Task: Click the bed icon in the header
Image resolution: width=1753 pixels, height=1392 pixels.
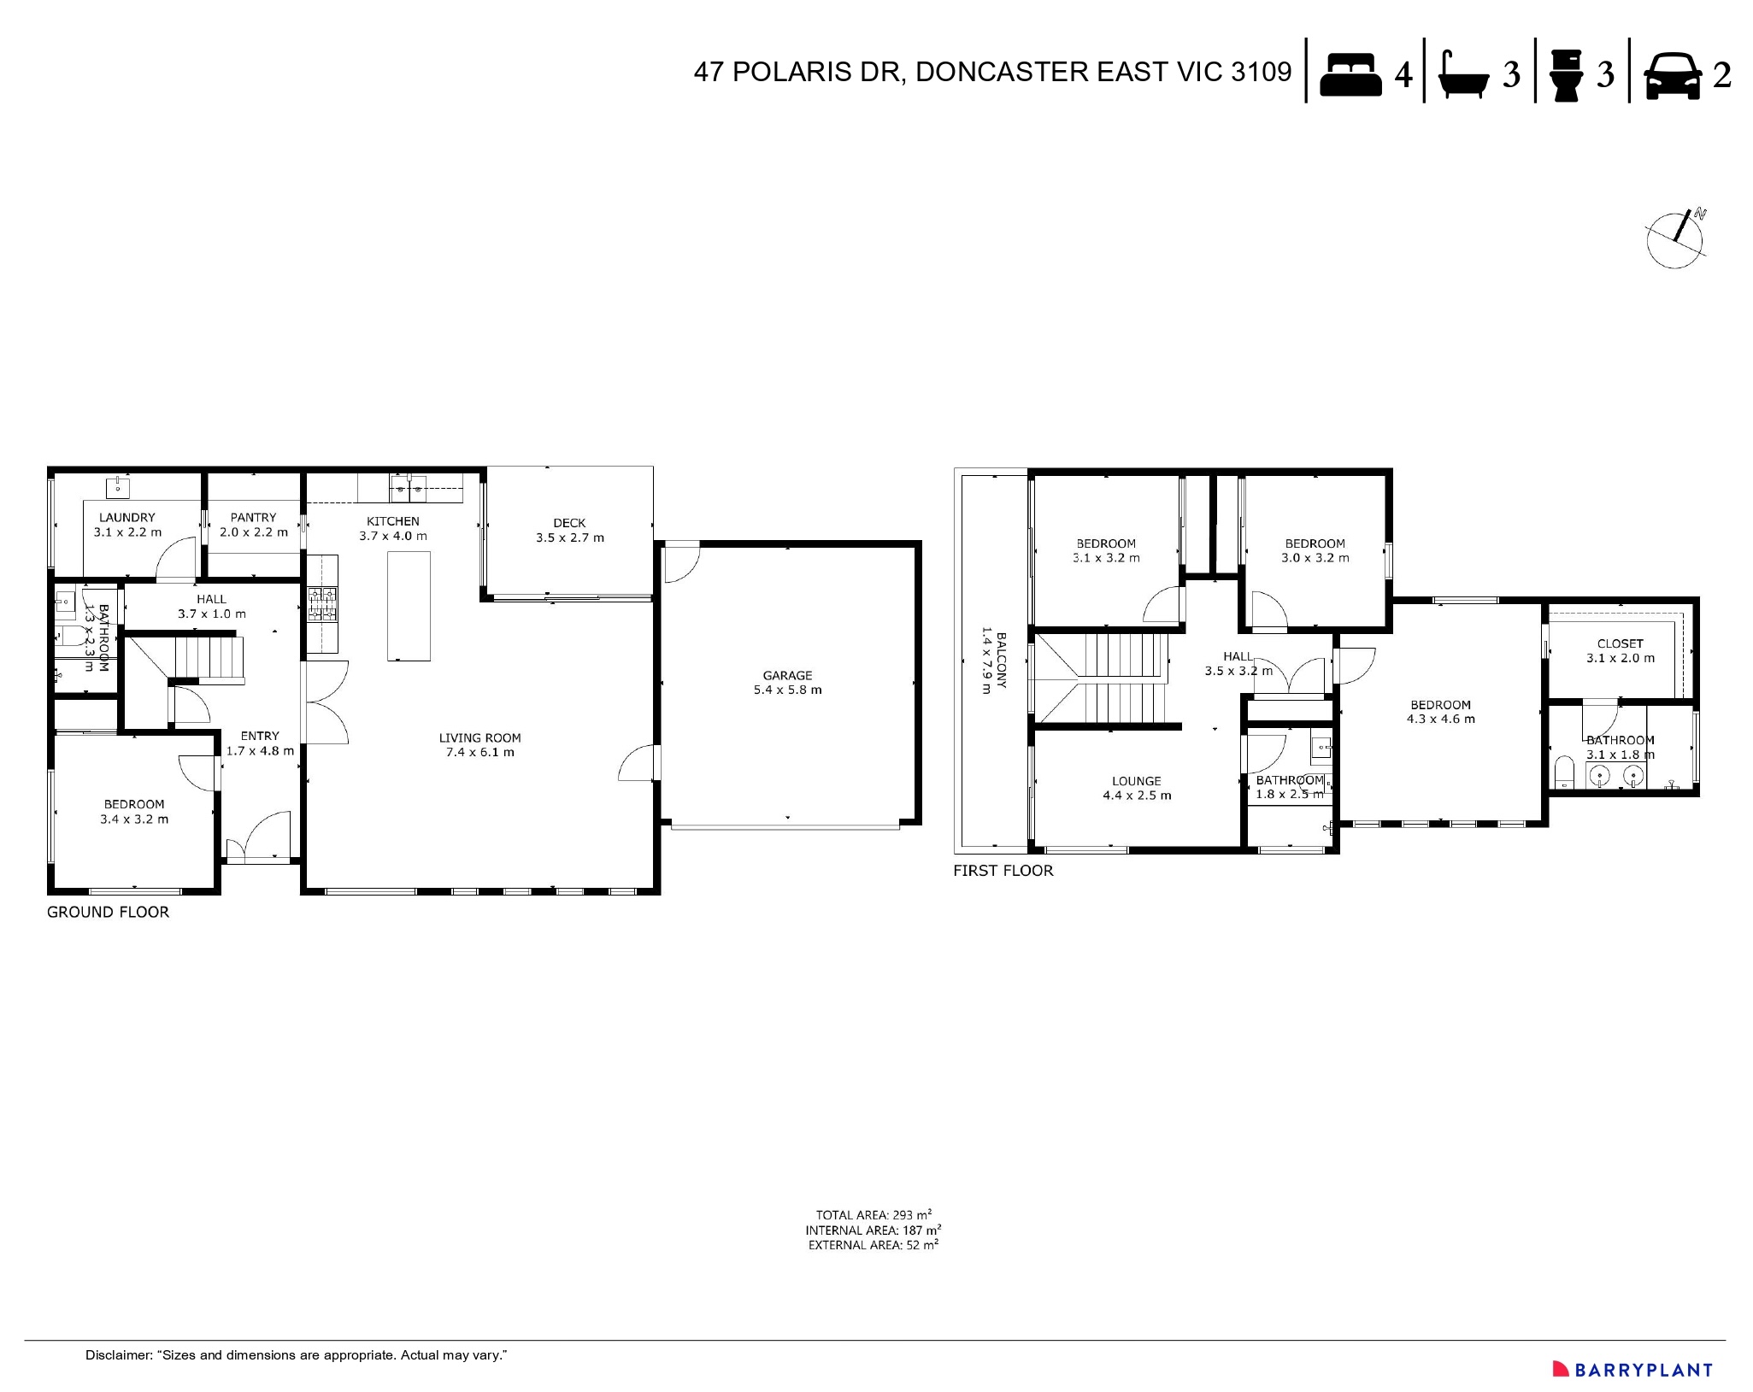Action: coord(1350,74)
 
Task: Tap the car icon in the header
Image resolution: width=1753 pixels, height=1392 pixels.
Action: coord(1671,75)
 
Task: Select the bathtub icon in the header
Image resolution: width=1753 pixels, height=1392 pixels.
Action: coord(1464,76)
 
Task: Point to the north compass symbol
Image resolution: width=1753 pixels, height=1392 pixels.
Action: coord(1676,238)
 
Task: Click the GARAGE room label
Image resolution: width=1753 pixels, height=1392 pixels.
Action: coord(787,675)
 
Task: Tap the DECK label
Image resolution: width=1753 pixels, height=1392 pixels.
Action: coord(569,523)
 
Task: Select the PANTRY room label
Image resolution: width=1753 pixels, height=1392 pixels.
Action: coord(253,517)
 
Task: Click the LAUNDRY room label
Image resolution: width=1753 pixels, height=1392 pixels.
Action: coord(126,517)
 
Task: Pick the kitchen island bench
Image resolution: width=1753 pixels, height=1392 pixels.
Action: coord(409,606)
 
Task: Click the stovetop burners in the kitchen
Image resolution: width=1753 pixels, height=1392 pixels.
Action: coord(322,602)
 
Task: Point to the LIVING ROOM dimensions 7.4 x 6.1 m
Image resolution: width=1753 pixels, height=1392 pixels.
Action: coord(479,753)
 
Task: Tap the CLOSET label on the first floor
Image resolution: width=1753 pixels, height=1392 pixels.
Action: coord(1620,643)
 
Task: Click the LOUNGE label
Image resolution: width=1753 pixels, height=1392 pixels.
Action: coord(1136,781)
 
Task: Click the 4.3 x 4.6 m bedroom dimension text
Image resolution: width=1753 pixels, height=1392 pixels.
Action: coord(1440,719)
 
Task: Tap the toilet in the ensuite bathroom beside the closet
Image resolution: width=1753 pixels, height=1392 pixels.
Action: coord(1563,772)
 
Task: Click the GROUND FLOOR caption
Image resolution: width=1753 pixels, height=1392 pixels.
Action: coord(108,912)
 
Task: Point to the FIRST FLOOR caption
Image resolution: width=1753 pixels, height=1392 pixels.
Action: coord(1003,871)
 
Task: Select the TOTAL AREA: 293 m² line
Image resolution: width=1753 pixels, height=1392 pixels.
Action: coord(873,1214)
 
